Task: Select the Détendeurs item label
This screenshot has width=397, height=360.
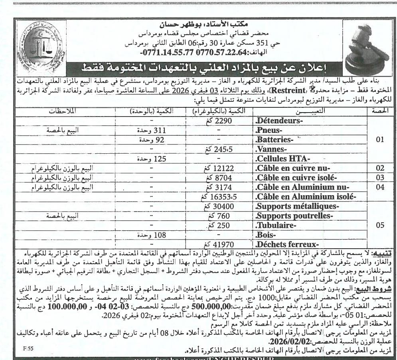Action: (x=279, y=120)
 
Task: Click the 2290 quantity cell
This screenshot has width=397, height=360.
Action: (x=223, y=120)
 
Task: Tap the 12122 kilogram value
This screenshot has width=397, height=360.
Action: (x=223, y=168)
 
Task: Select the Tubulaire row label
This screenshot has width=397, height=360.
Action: (x=275, y=225)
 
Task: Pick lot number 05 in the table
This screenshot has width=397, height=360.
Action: (x=380, y=225)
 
